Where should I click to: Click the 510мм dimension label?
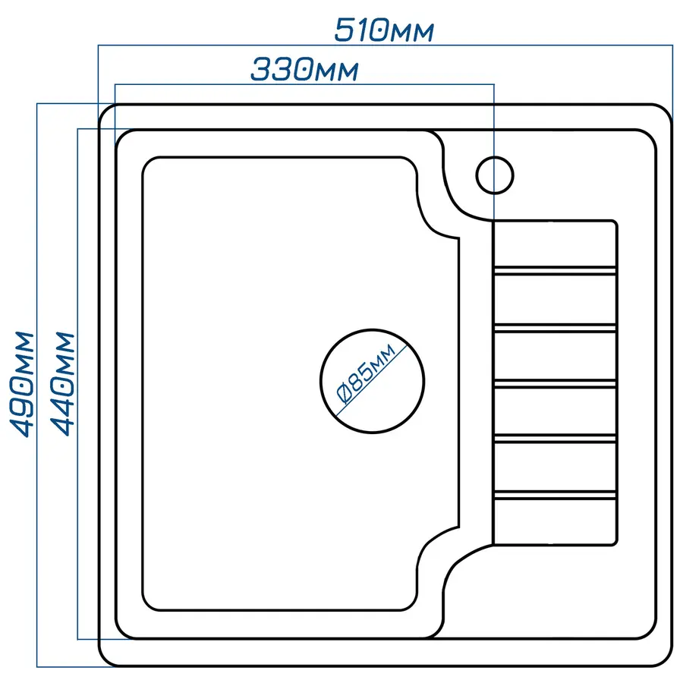point(384,30)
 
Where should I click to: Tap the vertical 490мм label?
point(22,383)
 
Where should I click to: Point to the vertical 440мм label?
point(65,383)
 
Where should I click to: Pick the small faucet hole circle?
point(495,175)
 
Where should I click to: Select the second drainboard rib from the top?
point(554,327)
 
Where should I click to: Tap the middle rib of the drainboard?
point(554,383)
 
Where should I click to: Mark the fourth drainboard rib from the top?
point(554,439)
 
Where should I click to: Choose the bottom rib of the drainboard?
point(554,496)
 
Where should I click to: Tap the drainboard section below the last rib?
point(554,522)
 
